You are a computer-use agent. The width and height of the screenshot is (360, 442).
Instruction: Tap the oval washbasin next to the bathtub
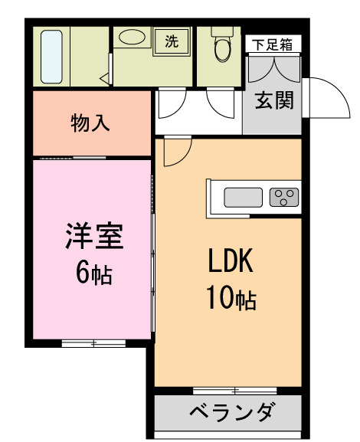133,38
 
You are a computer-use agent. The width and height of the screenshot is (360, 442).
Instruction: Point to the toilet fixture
222,47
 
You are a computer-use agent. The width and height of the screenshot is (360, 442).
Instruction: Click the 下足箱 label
273,44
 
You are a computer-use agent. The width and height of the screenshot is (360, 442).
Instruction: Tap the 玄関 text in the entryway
273,101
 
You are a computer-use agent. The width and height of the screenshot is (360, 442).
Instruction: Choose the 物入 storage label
92,123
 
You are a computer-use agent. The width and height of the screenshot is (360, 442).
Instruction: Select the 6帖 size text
93,272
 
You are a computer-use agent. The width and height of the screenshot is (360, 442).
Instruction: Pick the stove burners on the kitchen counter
283,198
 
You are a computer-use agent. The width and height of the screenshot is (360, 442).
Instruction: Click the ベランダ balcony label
230,414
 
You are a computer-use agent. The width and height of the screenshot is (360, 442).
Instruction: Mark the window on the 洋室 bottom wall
93,343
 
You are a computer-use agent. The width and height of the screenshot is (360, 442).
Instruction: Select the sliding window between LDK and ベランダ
227,391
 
